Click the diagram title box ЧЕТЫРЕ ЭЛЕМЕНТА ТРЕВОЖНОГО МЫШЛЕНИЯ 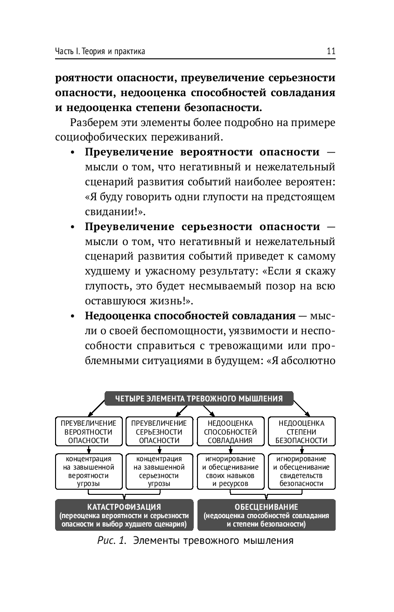click(198, 399)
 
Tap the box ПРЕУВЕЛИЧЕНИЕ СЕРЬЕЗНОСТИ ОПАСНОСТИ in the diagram click(159, 431)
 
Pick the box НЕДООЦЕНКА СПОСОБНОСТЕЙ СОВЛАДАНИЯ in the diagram click(230, 431)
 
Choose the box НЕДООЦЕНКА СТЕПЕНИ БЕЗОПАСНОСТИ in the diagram click(301, 431)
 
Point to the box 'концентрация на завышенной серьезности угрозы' click(159, 471)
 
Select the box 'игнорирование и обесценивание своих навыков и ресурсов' click(230, 471)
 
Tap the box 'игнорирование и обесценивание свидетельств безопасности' click(301, 471)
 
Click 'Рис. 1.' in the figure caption click(113, 542)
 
